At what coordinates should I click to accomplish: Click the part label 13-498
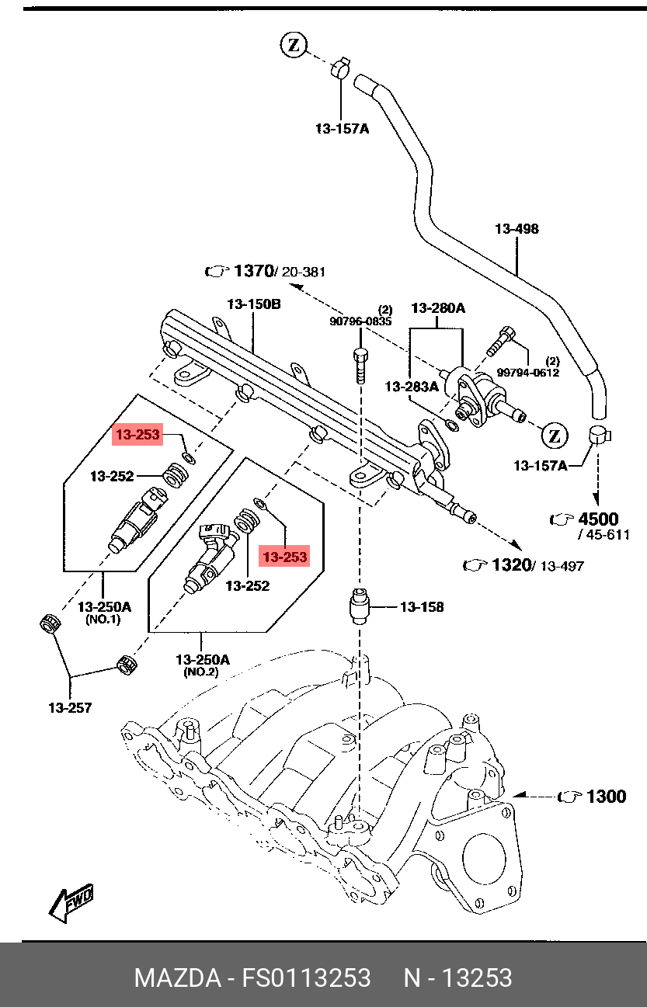point(517,229)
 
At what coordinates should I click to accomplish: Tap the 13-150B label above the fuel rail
point(253,304)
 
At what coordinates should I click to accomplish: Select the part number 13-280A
point(437,308)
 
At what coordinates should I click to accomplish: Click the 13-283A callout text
point(412,386)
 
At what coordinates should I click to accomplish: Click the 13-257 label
point(70,707)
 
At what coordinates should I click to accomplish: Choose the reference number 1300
point(605,797)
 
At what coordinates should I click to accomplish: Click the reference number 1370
point(253,271)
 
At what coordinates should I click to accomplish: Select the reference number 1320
point(510,565)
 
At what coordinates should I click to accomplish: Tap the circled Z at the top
point(294,45)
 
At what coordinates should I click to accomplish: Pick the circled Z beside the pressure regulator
point(555,436)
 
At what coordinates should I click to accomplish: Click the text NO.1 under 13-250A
point(103,620)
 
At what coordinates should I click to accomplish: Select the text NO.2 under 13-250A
point(201,672)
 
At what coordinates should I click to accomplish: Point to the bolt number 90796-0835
point(361,320)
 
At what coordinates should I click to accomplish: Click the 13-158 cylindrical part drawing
point(360,606)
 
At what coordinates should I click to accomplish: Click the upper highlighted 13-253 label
point(138,435)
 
